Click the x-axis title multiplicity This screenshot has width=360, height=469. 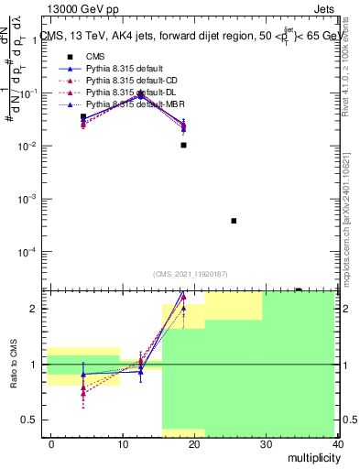[311, 458]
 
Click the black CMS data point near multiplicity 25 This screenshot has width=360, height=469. [235, 221]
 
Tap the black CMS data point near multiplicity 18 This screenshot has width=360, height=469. [184, 145]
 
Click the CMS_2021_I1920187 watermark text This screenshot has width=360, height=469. [189, 273]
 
